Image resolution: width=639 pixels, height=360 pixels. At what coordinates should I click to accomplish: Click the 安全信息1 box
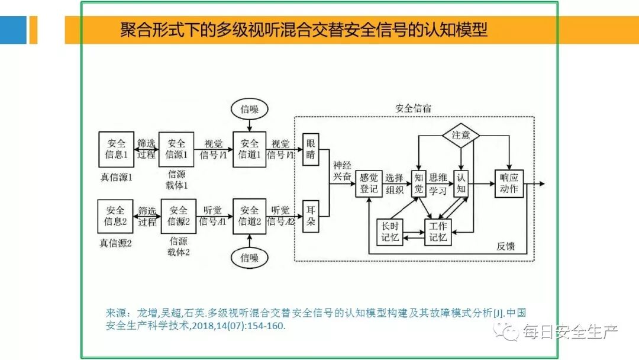pos(116,149)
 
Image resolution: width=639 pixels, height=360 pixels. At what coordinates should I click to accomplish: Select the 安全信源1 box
pos(176,149)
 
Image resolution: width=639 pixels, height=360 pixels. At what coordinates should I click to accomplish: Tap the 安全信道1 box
pos(250,149)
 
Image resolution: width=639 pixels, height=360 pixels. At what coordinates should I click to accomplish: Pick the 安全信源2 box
pos(178,216)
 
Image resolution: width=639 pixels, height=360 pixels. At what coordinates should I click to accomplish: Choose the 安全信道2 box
pos(250,216)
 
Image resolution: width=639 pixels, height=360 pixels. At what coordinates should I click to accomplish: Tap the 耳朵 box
pos(311,216)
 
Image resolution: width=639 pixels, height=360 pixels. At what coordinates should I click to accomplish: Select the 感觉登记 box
pos(369,184)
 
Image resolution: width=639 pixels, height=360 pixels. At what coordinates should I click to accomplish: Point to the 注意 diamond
pos(461,135)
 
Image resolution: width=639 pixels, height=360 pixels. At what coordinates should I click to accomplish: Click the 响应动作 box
pos(509,184)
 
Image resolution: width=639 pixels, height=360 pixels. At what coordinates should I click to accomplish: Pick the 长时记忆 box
pos(390,232)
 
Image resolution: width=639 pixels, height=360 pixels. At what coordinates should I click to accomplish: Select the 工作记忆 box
pos(438,232)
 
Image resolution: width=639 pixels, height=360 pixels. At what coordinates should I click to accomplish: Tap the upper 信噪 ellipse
pos(250,109)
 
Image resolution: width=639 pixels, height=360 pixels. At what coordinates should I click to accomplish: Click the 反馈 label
pos(506,246)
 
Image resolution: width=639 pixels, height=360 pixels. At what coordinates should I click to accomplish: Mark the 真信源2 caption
pos(116,243)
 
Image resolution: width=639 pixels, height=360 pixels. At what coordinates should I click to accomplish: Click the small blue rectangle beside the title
pos(13,30)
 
